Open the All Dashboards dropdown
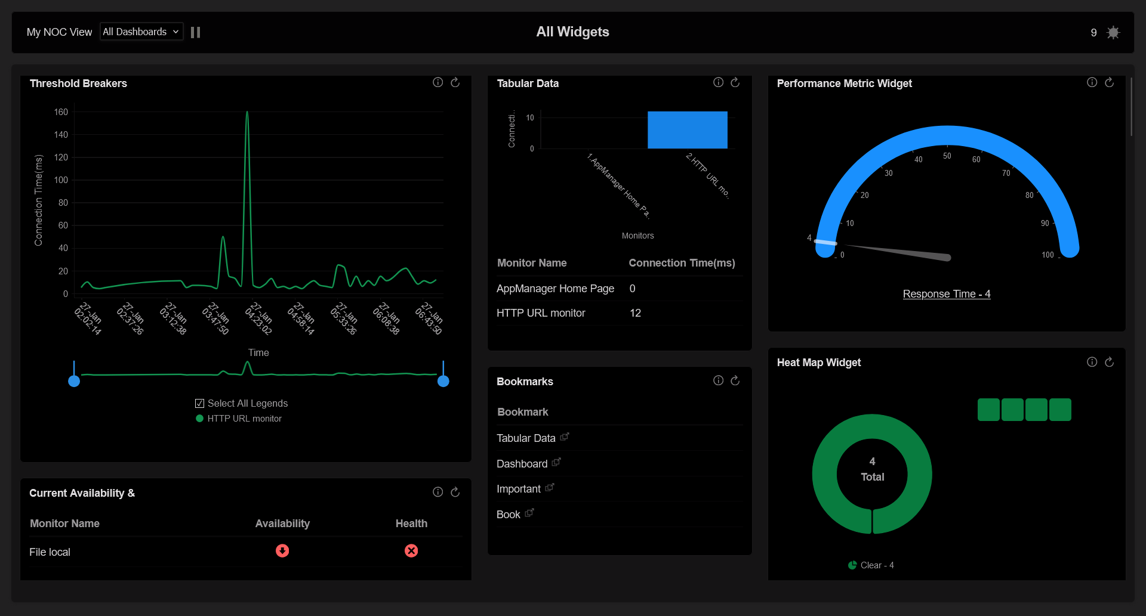(x=141, y=32)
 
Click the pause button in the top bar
(x=195, y=32)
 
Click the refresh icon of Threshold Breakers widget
(x=455, y=82)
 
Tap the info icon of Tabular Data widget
(x=718, y=82)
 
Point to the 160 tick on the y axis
(x=61, y=112)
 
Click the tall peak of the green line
(x=247, y=113)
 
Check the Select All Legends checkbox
(x=200, y=404)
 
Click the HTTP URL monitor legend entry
(x=244, y=419)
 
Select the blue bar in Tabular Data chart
(x=687, y=130)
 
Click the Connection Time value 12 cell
(x=635, y=313)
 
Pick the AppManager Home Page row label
(x=555, y=289)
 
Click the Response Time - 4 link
(x=946, y=294)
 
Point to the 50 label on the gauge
(x=947, y=156)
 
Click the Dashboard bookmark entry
(x=522, y=464)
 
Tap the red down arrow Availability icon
(x=282, y=550)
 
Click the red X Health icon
(x=411, y=550)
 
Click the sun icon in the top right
(x=1113, y=32)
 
